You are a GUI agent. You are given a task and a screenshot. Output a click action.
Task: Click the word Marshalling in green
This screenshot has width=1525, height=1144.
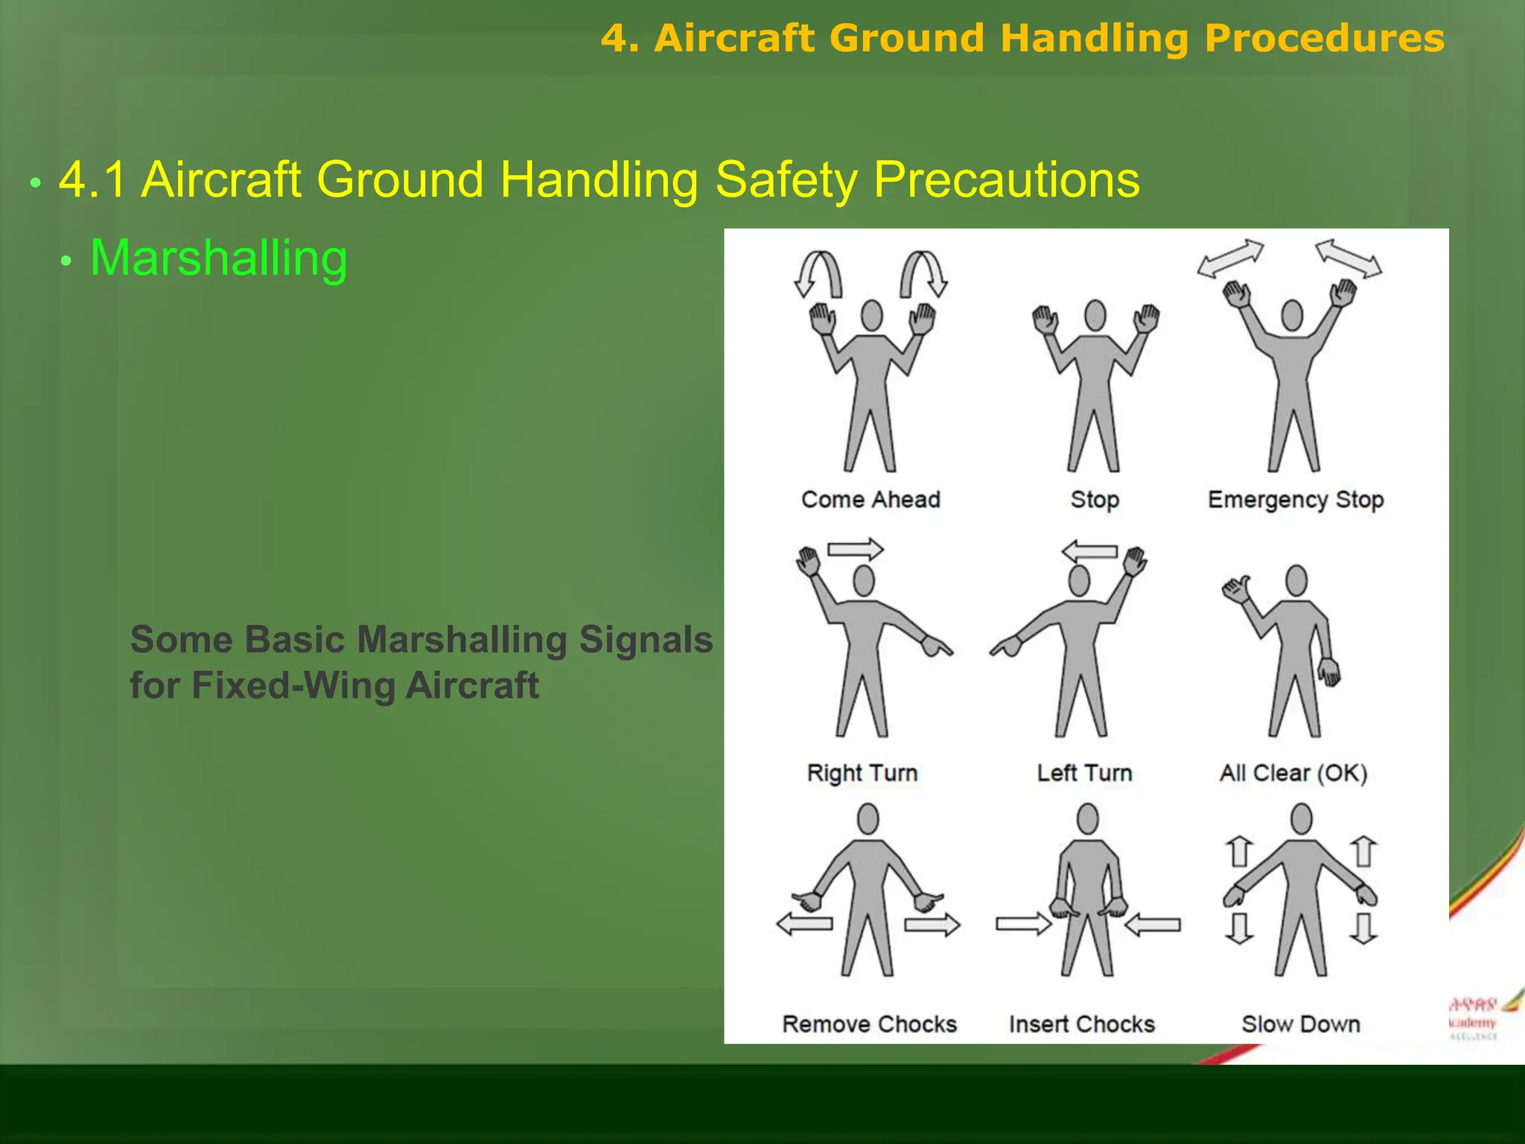tap(218, 258)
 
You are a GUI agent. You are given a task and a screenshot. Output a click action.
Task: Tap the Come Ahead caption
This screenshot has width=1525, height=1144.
tap(870, 500)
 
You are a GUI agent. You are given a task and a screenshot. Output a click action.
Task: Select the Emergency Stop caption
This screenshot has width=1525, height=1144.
tap(1296, 500)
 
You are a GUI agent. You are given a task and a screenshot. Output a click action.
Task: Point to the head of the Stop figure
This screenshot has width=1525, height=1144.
tap(1095, 315)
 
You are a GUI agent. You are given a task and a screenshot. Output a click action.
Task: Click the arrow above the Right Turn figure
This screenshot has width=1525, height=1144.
tap(856, 550)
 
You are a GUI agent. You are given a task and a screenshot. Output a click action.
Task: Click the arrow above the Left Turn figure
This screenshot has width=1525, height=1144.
tap(1089, 552)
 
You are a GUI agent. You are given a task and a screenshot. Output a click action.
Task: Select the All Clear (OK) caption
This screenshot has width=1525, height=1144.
tap(1293, 773)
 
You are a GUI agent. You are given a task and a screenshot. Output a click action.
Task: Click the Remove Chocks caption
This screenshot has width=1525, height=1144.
tap(869, 1024)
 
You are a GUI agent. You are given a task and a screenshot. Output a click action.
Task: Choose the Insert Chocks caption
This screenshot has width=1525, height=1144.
tap(1081, 1024)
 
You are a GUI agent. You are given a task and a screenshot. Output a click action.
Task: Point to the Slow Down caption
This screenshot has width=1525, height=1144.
tap(1301, 1024)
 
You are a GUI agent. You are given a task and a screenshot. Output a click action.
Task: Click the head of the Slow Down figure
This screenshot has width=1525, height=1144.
tap(1301, 819)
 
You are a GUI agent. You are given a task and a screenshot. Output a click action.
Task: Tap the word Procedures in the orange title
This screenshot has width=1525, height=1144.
tap(1324, 38)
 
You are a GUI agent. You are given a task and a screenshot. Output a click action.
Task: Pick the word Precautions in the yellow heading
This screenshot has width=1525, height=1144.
tap(1006, 179)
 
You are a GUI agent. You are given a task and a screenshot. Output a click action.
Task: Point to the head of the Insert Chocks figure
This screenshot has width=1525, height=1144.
tap(1087, 819)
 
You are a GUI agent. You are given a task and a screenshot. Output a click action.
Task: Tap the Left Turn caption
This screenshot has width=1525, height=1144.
tap(1084, 773)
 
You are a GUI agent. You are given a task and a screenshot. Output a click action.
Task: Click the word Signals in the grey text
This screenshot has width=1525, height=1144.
tap(645, 640)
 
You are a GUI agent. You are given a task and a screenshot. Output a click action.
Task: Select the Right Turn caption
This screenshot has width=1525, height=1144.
tap(862, 773)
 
